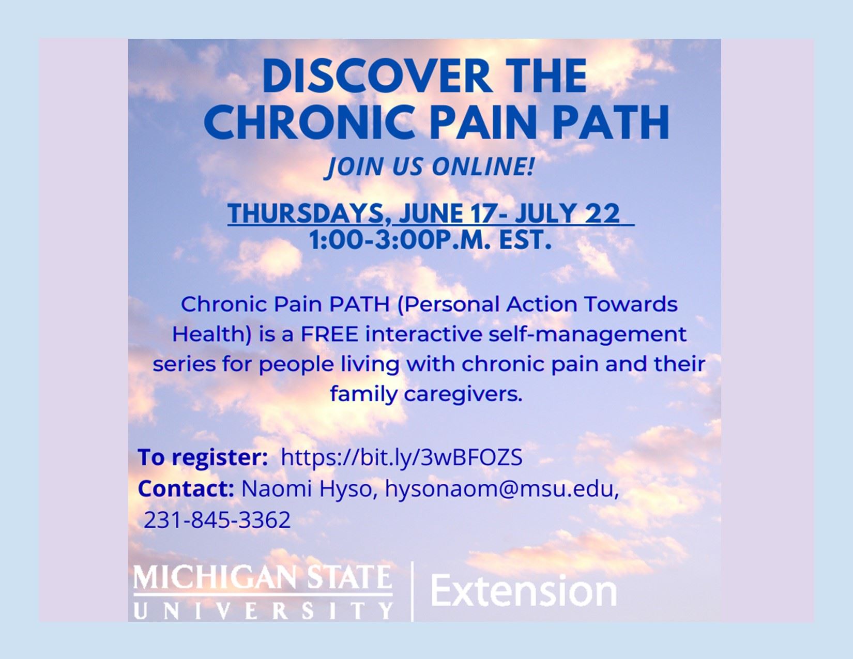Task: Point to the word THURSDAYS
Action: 306,213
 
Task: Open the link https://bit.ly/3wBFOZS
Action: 402,457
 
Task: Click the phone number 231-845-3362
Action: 217,519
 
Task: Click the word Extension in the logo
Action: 524,591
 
